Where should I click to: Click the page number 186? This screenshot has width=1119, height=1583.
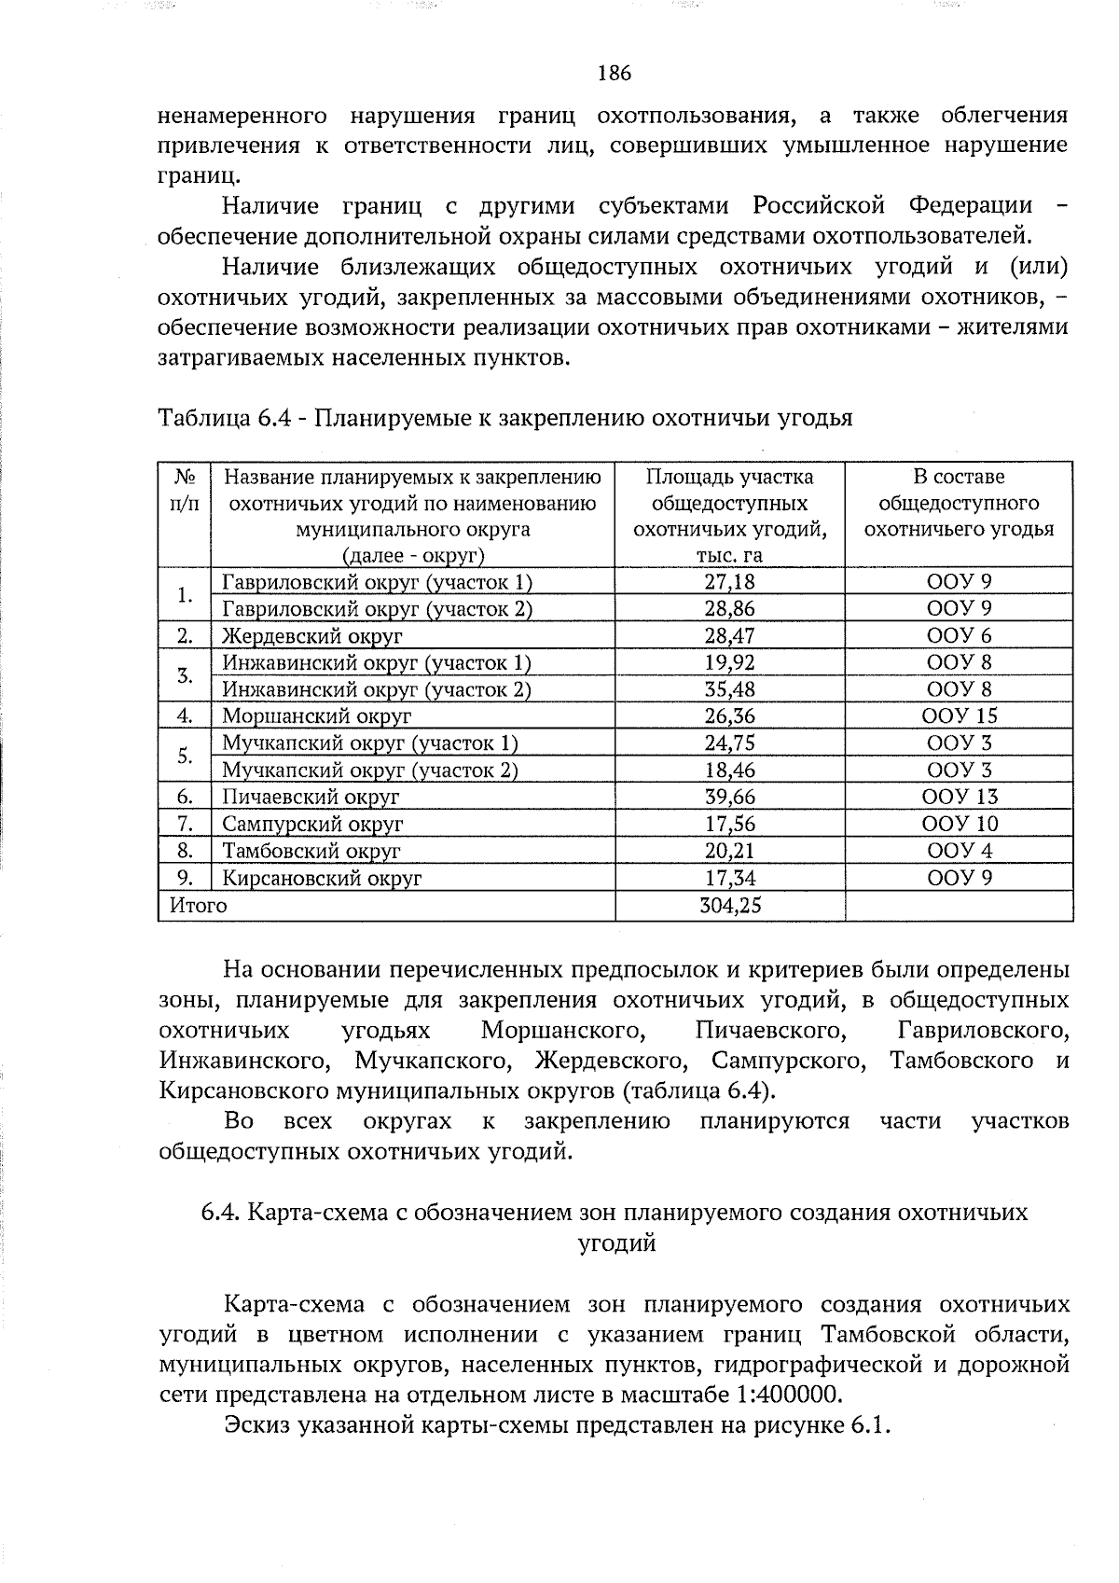pos(615,73)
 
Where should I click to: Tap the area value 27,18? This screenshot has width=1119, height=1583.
pos(729,582)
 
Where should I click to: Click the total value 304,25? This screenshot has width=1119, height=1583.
pos(730,905)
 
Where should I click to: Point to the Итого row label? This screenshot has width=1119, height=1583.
pos(198,905)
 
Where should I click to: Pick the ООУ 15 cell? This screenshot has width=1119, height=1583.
pos(959,716)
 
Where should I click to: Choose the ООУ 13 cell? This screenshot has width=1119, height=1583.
pos(959,797)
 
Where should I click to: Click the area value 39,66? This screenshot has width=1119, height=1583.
pos(729,797)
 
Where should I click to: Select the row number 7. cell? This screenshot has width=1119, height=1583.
pos(185,824)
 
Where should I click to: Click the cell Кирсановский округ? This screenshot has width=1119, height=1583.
pos(323,878)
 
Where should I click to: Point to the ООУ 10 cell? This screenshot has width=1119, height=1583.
pos(959,824)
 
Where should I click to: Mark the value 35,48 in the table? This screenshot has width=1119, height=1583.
pos(729,689)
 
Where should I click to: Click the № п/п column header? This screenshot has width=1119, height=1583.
pos(185,490)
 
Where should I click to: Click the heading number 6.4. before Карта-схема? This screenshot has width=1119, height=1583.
pos(220,1212)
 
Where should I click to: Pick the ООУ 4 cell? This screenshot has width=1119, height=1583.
pos(959,851)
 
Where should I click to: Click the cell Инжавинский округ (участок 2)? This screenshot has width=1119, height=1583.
pos(377,689)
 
